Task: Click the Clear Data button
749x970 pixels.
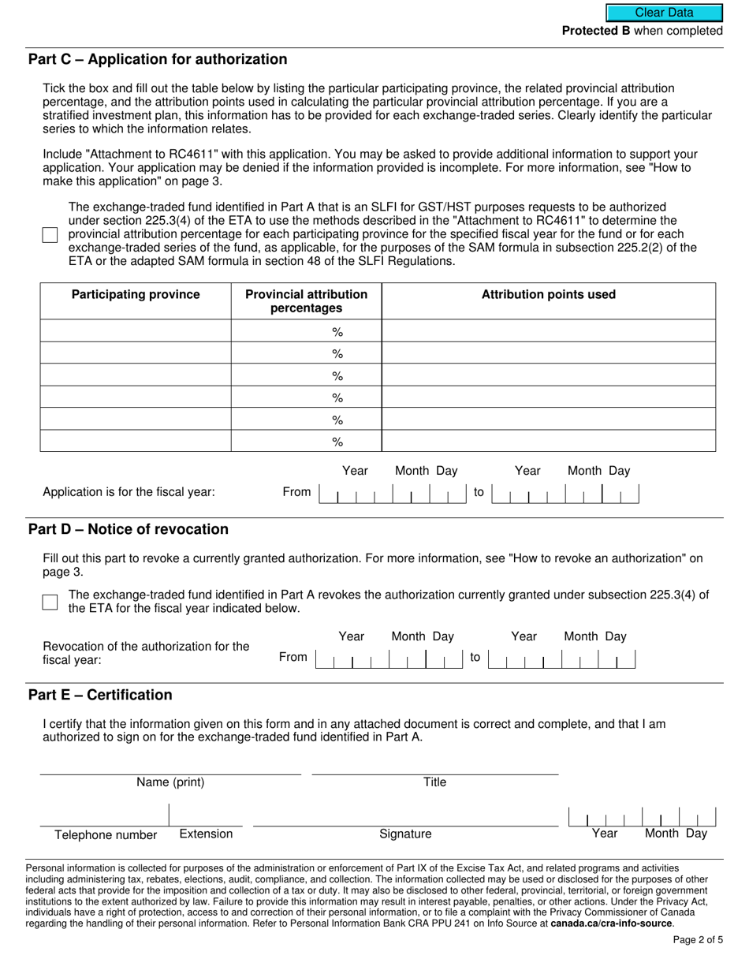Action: pyautogui.click(x=664, y=13)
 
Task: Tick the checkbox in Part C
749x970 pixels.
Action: pyautogui.click(x=50, y=235)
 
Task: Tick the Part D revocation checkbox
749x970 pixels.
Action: pyautogui.click(x=50, y=602)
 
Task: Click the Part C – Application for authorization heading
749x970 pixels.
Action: pyautogui.click(x=158, y=59)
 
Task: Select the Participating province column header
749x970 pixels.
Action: pyautogui.click(x=136, y=294)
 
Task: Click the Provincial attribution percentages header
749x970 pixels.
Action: pyautogui.click(x=306, y=300)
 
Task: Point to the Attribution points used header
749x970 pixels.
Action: pyautogui.click(x=548, y=294)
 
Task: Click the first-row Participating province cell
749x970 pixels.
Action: pyautogui.click(x=136, y=331)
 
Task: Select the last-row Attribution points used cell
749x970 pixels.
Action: pyautogui.click(x=548, y=441)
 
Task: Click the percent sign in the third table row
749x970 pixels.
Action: pyautogui.click(x=337, y=375)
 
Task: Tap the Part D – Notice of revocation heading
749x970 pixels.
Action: pyautogui.click(x=129, y=529)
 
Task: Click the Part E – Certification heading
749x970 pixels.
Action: pyautogui.click(x=100, y=695)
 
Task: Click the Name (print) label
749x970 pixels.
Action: pyautogui.click(x=170, y=782)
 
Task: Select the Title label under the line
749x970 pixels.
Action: pyautogui.click(x=434, y=782)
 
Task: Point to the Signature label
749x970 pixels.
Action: pyautogui.click(x=405, y=834)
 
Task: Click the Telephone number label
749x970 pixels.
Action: pyautogui.click(x=106, y=835)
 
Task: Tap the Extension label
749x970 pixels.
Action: pyautogui.click(x=206, y=834)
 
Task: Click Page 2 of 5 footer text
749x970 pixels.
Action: pyautogui.click(x=698, y=940)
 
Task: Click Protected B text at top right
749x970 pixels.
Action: pyautogui.click(x=595, y=31)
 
